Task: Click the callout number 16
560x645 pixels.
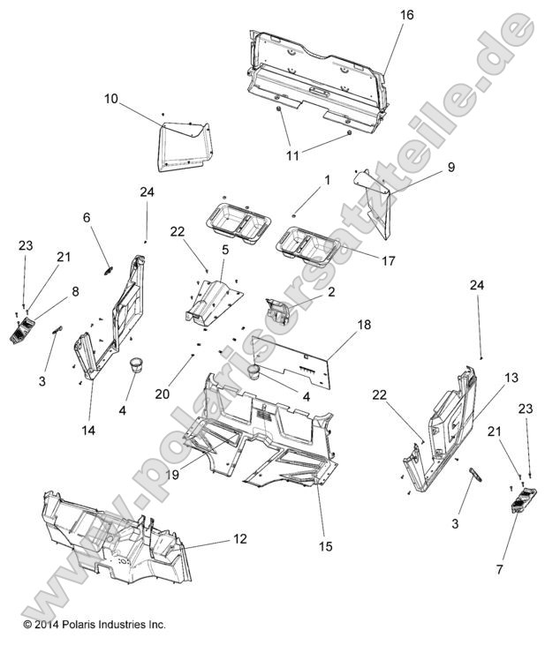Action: [x=406, y=15]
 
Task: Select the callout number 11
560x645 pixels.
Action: [x=292, y=155]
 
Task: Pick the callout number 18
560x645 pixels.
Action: [x=364, y=326]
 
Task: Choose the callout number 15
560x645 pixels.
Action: [x=327, y=547]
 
